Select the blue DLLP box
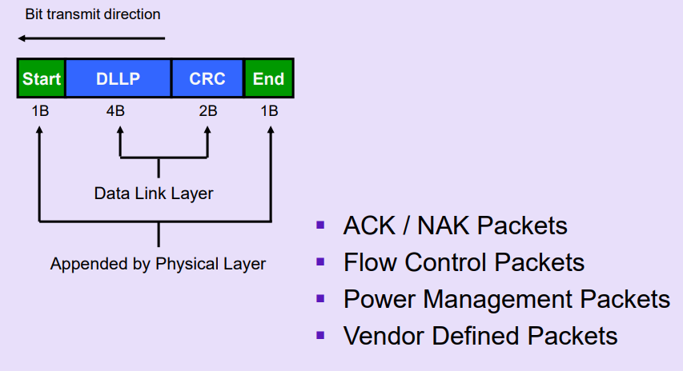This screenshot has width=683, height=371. click(118, 79)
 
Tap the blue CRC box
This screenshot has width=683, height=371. click(207, 79)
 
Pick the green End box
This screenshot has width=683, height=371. click(268, 79)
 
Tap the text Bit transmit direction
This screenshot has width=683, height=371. click(93, 14)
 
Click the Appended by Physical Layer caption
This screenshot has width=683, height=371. click(158, 263)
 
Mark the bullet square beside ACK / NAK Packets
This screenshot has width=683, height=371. click(321, 225)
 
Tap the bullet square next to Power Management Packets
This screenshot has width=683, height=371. click(321, 298)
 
